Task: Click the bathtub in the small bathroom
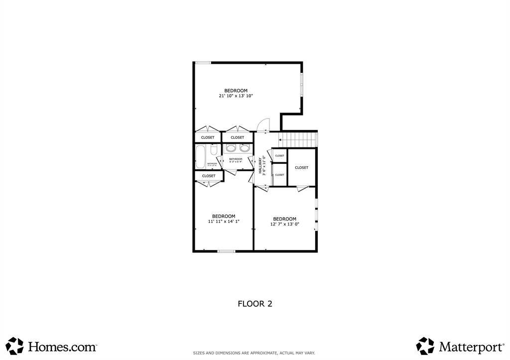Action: (x=200, y=157)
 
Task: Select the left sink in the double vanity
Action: (x=231, y=148)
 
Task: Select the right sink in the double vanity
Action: (x=245, y=148)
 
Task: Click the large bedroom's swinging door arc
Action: (x=264, y=123)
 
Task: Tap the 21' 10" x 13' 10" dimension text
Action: (x=236, y=96)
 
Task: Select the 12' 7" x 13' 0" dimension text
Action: (x=284, y=224)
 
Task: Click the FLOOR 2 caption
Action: (x=255, y=303)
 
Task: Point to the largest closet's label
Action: (x=301, y=168)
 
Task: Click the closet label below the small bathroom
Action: (x=209, y=176)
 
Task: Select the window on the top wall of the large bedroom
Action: (x=203, y=63)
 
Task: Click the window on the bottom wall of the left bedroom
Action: (x=226, y=251)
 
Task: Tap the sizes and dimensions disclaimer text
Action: (x=254, y=353)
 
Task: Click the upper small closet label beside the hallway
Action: (x=279, y=156)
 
